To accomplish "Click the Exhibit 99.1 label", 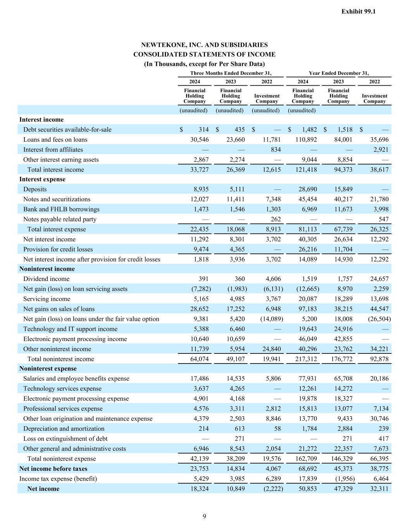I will point(358,12).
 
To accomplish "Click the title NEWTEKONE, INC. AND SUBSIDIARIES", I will point(204,45).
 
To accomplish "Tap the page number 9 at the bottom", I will point(204,516).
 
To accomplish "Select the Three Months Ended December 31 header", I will point(231,73).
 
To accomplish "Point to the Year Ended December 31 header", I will point(338,73).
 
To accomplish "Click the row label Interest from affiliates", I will point(53,150).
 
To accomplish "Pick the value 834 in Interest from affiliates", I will point(276,150).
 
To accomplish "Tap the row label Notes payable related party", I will point(60,219).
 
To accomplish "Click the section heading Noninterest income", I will point(47,269).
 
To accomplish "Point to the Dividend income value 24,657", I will point(379,279).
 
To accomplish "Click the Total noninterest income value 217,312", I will point(305,359).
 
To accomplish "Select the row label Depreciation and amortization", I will point(64,429).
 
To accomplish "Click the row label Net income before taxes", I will point(53,469).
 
